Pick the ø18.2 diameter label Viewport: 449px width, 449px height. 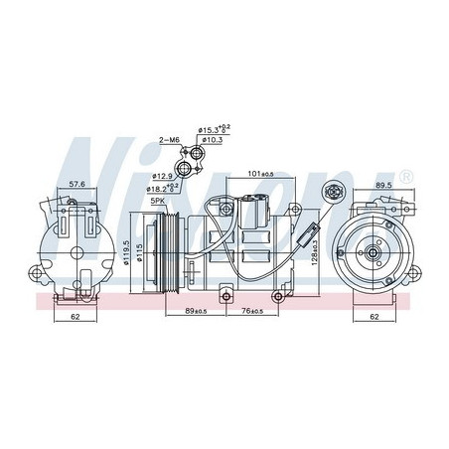point(163,188)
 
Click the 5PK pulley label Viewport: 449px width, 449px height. point(156,202)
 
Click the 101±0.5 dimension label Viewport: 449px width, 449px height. point(259,175)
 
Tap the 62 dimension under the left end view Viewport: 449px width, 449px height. point(75,318)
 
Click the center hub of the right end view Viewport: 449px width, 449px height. point(371,255)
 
